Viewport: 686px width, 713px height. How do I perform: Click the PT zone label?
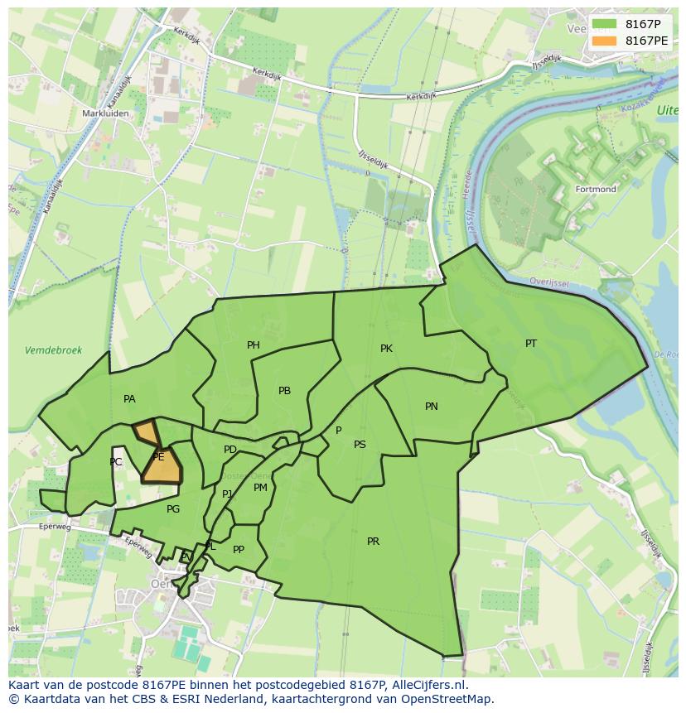pyautogui.click(x=531, y=344)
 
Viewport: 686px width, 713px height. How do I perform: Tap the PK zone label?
pyautogui.click(x=386, y=349)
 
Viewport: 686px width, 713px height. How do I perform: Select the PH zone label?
pyautogui.click(x=254, y=345)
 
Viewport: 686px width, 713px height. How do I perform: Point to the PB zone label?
pyautogui.click(x=284, y=391)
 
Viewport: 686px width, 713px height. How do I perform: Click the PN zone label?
pyautogui.click(x=432, y=407)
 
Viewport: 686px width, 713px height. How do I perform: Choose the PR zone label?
pyautogui.click(x=374, y=542)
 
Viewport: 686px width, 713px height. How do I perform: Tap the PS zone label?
pyautogui.click(x=360, y=445)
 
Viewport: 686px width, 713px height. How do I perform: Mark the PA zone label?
pyautogui.click(x=129, y=399)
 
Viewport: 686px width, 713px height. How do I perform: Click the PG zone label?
pyautogui.click(x=173, y=509)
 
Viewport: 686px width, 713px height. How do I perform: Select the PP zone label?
pyautogui.click(x=239, y=550)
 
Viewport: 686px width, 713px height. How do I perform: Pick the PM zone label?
pyautogui.click(x=261, y=488)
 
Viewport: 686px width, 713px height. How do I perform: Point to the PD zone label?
pyautogui.click(x=230, y=450)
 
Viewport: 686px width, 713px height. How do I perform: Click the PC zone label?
pyautogui.click(x=116, y=462)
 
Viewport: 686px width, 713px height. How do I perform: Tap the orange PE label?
pyautogui.click(x=158, y=457)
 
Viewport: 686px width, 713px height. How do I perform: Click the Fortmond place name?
pyautogui.click(x=596, y=190)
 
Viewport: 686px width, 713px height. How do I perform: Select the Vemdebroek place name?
pyautogui.click(x=53, y=350)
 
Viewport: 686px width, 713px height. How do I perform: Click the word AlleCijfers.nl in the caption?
pyautogui.click(x=428, y=685)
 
